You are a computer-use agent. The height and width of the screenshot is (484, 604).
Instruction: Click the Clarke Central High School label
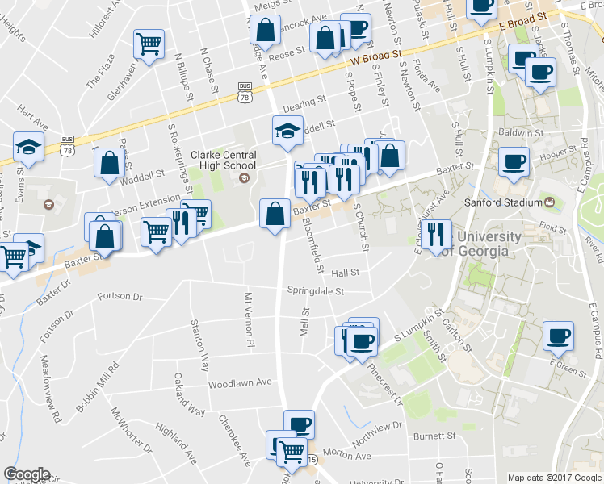224,161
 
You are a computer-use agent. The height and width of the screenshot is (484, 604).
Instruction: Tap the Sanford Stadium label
504,202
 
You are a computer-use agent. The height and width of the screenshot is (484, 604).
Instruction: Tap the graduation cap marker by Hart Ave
27,148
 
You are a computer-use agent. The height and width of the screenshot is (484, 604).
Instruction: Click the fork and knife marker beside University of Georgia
436,235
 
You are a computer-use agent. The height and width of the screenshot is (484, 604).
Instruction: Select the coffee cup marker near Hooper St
514,161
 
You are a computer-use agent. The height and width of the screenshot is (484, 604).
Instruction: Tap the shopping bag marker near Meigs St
265,31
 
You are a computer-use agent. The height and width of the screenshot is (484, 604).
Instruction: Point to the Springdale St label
316,290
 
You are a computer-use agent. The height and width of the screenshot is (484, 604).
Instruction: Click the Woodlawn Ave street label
239,383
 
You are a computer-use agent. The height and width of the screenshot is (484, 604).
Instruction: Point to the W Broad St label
376,57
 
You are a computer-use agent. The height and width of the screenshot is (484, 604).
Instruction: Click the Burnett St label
434,436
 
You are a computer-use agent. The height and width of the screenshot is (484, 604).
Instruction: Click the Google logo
27,474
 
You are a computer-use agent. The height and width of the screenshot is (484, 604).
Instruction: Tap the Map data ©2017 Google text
553,478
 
